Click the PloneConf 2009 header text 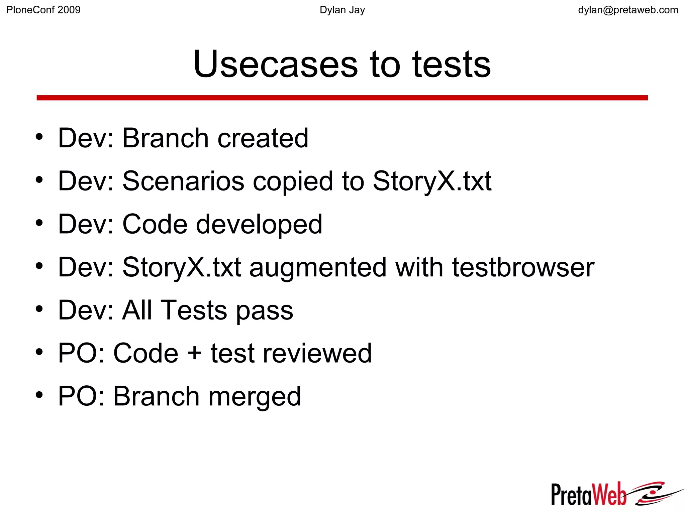point(43,10)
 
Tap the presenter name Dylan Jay point(342,10)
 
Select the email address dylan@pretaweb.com point(628,10)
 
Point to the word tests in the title point(452,64)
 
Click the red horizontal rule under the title point(342,98)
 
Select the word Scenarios point(183,181)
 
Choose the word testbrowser point(523,267)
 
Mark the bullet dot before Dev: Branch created point(39,137)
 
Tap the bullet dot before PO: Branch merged point(39,395)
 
